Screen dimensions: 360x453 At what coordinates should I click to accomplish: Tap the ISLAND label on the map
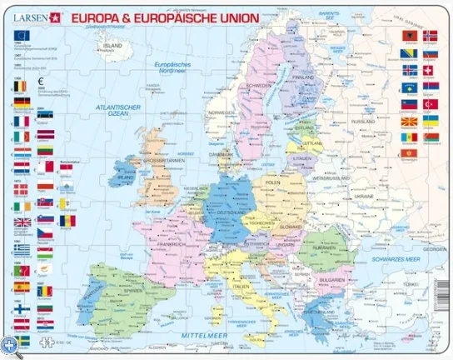(109, 47)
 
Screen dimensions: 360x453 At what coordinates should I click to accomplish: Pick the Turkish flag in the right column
(430, 104)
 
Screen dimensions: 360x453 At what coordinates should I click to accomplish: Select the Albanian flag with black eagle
(409, 36)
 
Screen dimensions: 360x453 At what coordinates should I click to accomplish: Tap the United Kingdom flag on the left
(22, 223)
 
